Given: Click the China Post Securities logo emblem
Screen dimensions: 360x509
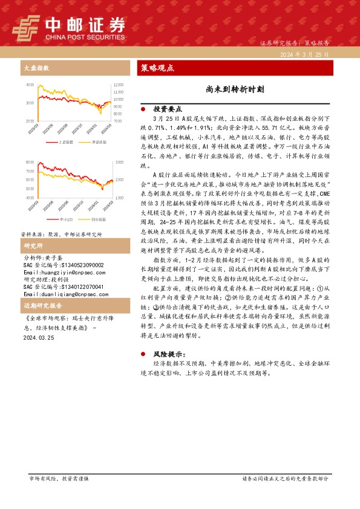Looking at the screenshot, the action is tap(27, 26).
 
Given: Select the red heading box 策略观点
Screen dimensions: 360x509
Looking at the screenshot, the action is tap(158, 68).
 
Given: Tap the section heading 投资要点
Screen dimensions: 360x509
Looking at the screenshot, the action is tap(168, 109).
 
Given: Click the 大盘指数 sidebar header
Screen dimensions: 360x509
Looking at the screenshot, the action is tap(36, 68).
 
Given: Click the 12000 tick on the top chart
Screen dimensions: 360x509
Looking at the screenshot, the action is tap(119, 85).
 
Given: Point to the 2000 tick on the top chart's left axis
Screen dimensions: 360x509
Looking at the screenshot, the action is tap(30, 122).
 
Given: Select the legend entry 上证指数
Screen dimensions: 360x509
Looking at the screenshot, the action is tap(66, 143).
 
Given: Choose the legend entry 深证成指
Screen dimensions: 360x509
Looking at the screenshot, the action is tap(99, 143).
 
